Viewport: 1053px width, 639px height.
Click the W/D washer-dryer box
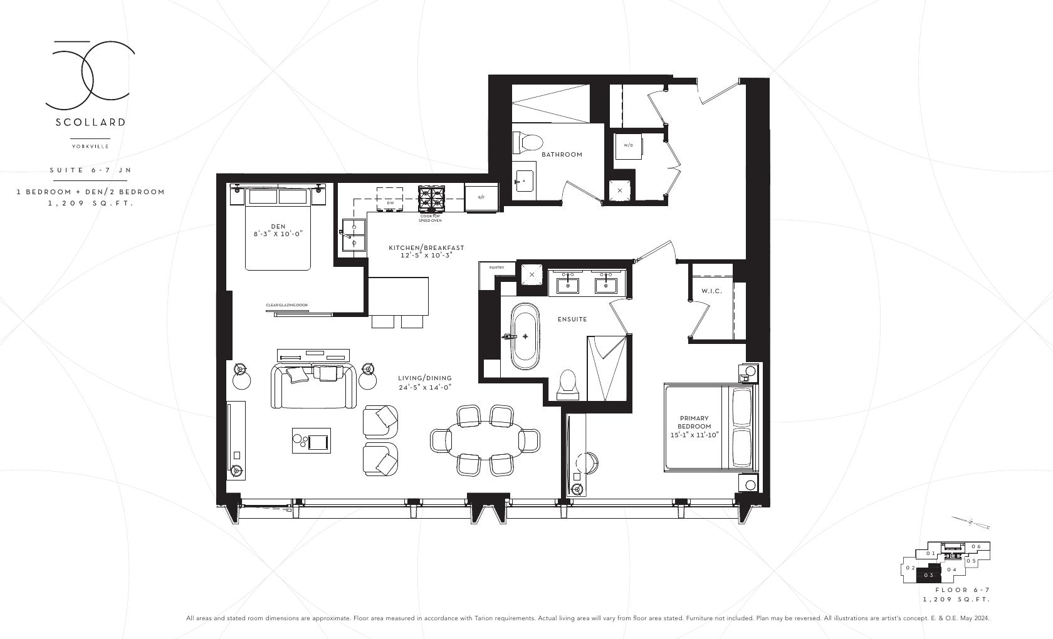coord(628,145)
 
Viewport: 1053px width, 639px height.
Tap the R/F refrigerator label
coord(481,197)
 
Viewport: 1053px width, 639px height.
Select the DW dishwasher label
coord(390,202)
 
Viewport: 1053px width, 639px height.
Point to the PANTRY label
coord(496,268)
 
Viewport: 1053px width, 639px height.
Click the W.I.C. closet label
coord(711,291)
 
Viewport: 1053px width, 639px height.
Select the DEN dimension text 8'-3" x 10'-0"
coord(278,234)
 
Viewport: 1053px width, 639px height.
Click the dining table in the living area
coord(485,440)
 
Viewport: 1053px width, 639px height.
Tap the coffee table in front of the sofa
coord(312,440)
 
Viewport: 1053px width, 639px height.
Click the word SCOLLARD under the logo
coord(90,122)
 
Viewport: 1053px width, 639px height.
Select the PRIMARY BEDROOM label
coord(694,426)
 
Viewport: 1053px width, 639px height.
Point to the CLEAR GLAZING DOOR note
coord(287,305)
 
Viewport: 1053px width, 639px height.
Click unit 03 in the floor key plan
coord(929,574)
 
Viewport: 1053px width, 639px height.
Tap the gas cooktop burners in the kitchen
coord(431,198)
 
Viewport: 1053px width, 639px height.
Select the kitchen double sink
coord(354,235)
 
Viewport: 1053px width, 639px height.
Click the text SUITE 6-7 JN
coord(90,170)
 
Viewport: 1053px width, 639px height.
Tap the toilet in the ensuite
coord(568,384)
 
